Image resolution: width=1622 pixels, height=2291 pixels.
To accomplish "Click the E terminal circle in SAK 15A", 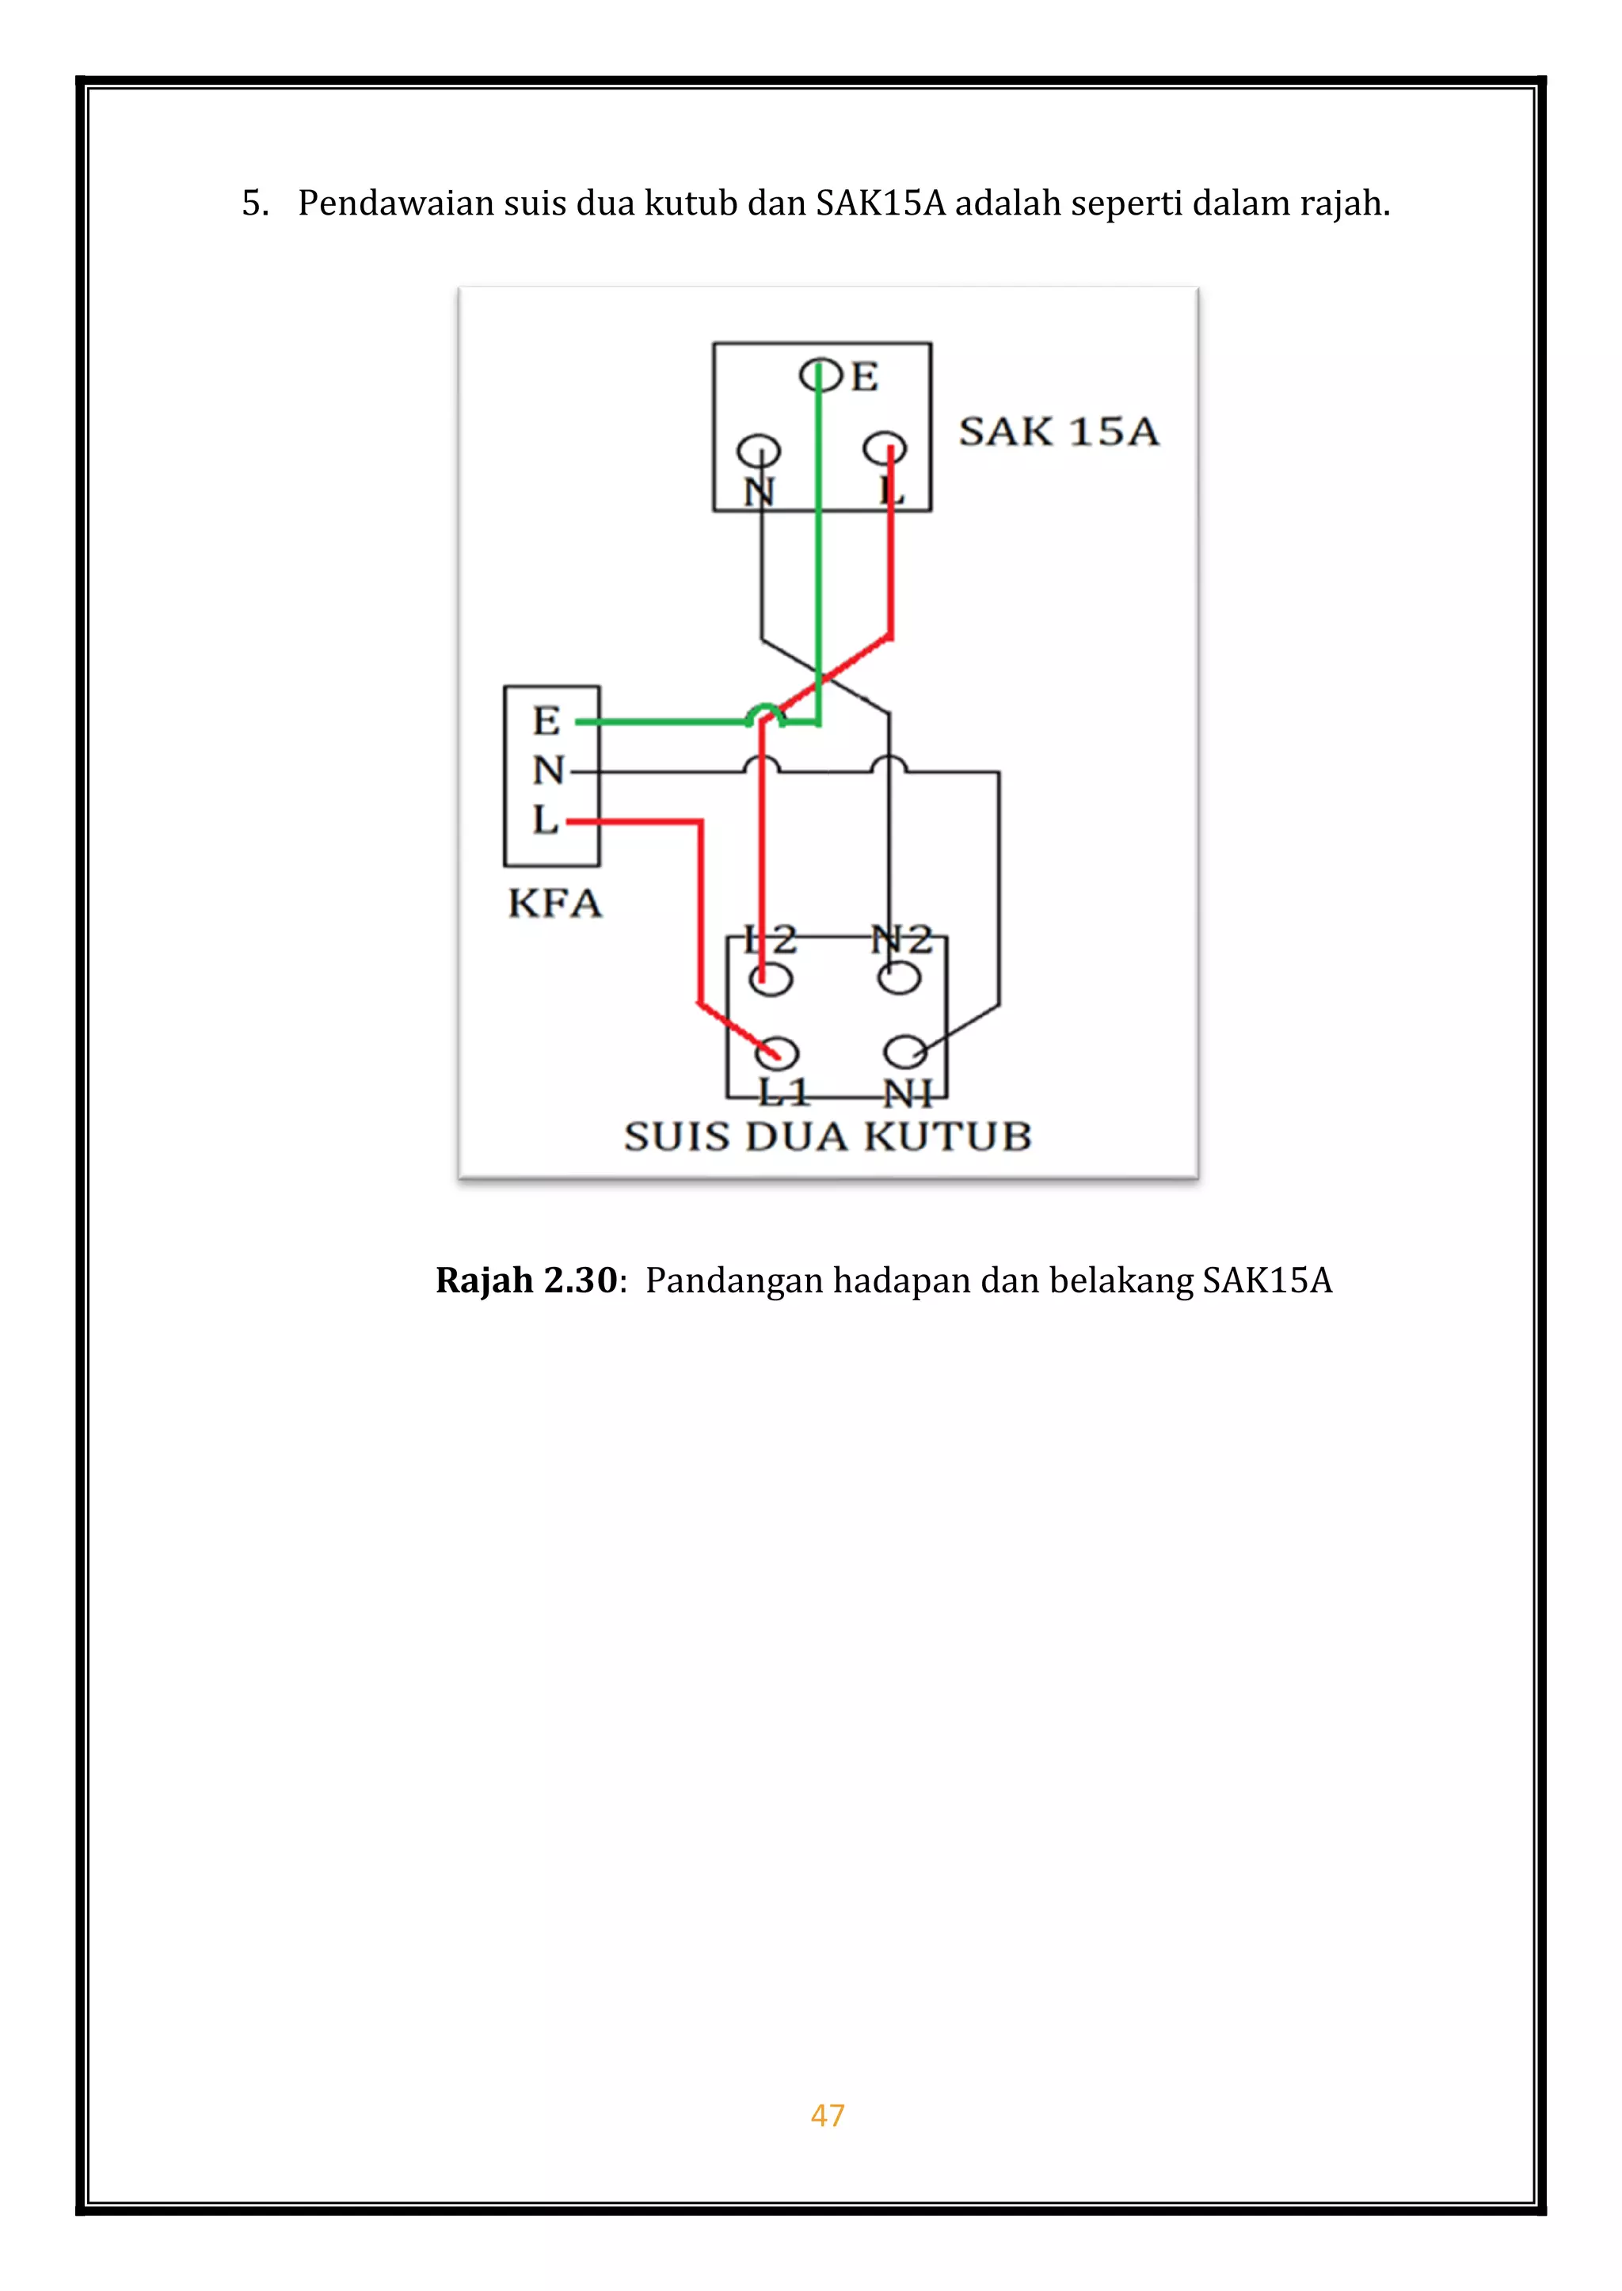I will (819, 375).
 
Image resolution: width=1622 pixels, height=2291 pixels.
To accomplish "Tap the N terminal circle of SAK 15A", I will (759, 451).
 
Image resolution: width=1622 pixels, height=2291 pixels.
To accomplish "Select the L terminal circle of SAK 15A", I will (885, 448).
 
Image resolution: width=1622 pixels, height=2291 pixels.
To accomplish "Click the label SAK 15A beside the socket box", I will (1059, 432).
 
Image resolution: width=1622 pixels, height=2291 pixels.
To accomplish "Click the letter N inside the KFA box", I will (548, 770).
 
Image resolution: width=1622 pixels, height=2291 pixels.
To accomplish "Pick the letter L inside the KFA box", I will (544, 820).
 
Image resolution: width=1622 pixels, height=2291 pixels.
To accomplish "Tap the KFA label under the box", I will (555, 904).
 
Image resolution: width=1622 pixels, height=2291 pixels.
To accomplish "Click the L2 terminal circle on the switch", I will (770, 979).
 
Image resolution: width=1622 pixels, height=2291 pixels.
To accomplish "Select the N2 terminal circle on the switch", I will (899, 978).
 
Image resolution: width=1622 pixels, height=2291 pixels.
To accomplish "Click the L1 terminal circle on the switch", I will (776, 1052).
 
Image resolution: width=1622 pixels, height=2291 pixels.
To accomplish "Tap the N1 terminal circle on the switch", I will (906, 1052).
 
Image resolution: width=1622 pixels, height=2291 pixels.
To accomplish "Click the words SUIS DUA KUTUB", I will (827, 1136).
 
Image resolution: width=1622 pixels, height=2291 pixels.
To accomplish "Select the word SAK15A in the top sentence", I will (880, 204).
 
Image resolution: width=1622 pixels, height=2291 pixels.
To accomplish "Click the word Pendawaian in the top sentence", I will (395, 204).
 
